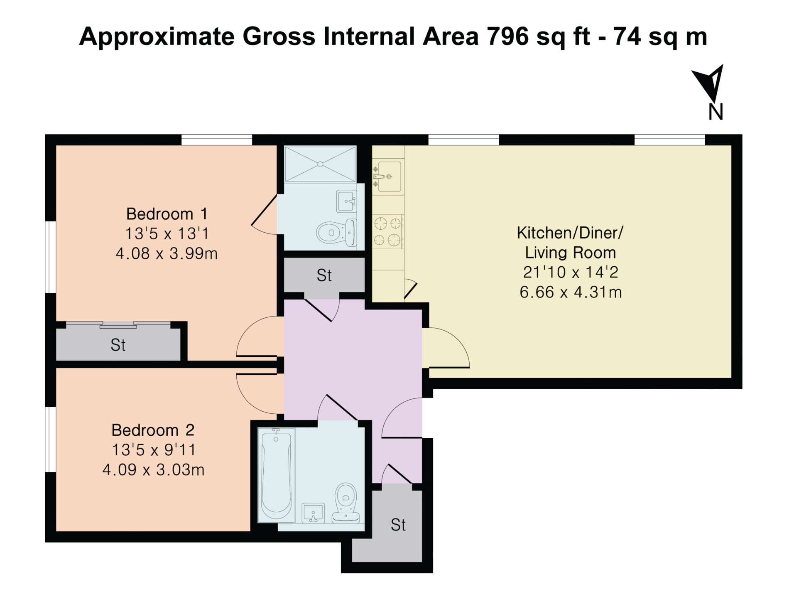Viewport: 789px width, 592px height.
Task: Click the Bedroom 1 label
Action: point(167,214)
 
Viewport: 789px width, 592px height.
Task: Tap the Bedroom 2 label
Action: point(153,430)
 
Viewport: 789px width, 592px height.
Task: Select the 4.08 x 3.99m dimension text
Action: point(167,253)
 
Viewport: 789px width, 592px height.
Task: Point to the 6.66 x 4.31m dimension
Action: point(571,292)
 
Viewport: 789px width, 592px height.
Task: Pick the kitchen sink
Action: point(388,176)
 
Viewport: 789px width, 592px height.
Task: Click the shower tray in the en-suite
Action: point(320,164)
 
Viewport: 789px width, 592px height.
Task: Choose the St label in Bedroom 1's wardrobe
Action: point(118,345)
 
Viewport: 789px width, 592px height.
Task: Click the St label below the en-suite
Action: point(324,275)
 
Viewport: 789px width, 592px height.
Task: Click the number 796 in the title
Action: point(507,36)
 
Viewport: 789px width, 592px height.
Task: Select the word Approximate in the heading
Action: point(157,37)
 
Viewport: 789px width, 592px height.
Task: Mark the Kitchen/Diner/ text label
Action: point(570,233)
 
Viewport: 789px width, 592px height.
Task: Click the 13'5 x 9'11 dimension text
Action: point(154,450)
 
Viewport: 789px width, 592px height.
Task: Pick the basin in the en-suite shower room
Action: point(347,201)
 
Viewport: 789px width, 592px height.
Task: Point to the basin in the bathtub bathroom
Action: point(313,513)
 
